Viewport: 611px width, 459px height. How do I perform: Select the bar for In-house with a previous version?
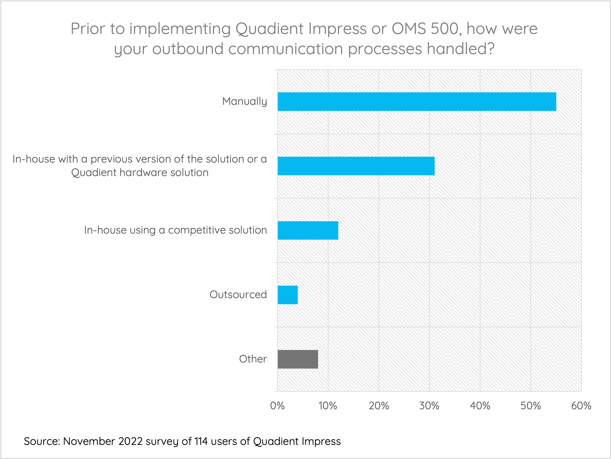[356, 166]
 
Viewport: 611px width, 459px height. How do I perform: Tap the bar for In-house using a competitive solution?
[308, 230]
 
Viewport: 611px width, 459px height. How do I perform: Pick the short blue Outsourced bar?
[288, 295]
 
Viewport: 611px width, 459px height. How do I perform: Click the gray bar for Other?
[298, 359]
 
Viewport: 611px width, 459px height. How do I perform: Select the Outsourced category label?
[238, 295]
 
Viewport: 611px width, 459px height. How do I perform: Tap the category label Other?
[253, 359]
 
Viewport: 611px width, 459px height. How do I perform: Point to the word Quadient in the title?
[269, 29]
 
